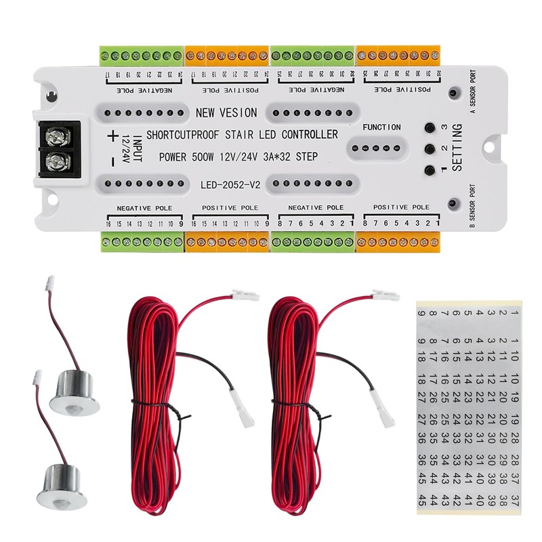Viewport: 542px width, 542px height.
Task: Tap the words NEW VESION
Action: click(226, 112)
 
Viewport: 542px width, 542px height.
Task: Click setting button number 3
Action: click(429, 127)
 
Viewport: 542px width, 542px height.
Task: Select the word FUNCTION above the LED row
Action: click(381, 127)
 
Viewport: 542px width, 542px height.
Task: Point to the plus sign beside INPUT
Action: click(112, 135)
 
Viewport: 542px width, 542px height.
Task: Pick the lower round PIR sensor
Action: click(62, 482)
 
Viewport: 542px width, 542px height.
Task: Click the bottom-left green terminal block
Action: click(142, 241)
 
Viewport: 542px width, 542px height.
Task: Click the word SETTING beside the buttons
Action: click(456, 148)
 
